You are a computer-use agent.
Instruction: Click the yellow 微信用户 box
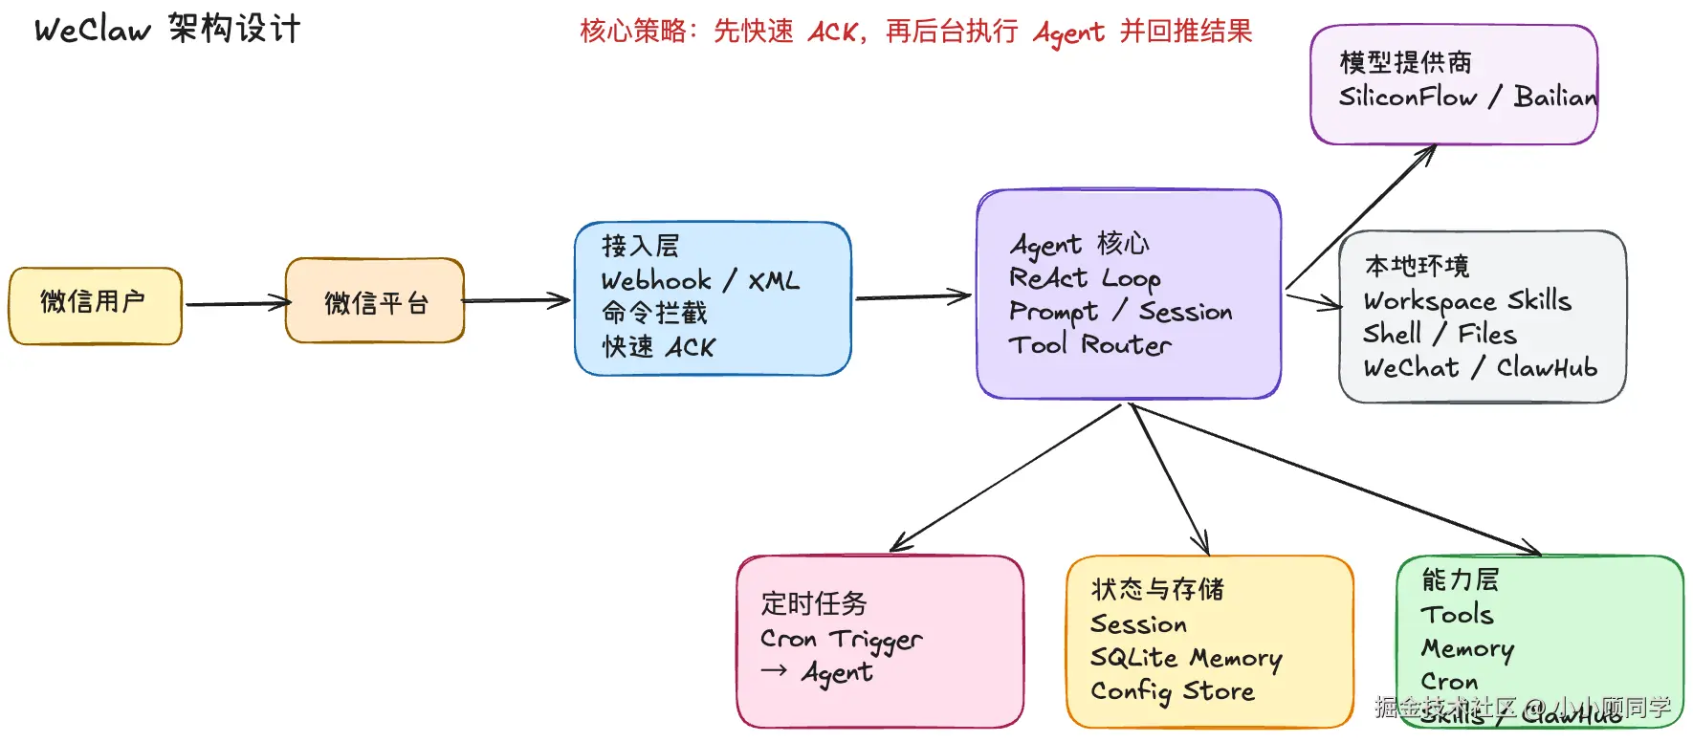[95, 305]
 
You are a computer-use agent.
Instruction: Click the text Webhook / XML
[699, 281]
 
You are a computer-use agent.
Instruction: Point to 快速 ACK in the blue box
[658, 347]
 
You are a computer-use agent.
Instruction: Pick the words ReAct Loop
[1085, 278]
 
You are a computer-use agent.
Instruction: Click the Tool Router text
[1089, 345]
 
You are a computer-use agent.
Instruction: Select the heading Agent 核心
[1080, 245]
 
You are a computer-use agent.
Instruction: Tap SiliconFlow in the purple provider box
[1407, 98]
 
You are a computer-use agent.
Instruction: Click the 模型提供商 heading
[1405, 63]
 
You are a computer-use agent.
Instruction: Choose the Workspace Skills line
[1467, 301]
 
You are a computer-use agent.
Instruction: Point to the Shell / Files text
[1440, 335]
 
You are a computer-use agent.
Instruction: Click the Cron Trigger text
[841, 639]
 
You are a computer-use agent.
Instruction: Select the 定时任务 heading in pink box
[814, 603]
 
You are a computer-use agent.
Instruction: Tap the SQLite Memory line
[1186, 658]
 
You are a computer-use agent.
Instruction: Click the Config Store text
[1172, 691]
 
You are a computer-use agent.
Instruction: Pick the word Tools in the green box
[1457, 615]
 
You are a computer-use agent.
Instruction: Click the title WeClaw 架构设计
[167, 30]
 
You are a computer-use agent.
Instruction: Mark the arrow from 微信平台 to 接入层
[517, 301]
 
